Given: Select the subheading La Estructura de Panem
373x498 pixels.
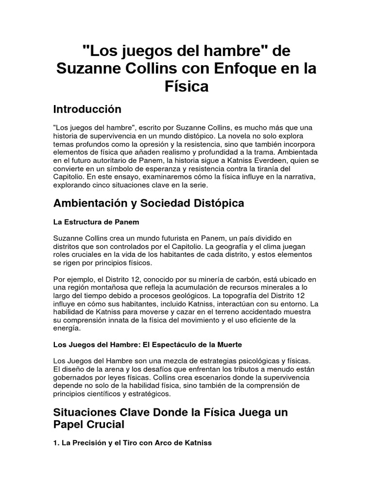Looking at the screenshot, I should coord(96,222).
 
